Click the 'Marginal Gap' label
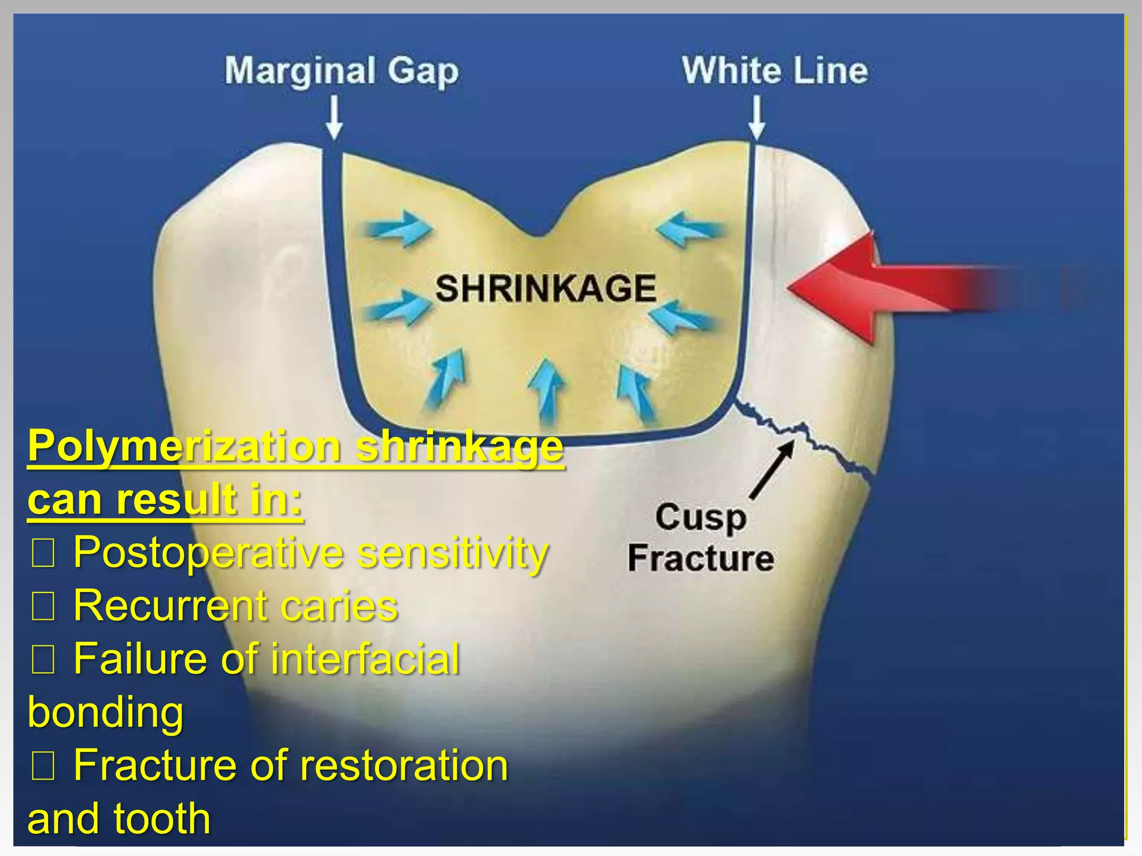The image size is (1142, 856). tap(341, 71)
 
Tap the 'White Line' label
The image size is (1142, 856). tap(775, 71)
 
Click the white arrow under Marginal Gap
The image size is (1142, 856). tap(334, 117)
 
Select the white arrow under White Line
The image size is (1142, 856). tap(757, 117)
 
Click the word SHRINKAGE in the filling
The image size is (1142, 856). tap(545, 288)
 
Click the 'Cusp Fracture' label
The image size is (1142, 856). tap(701, 537)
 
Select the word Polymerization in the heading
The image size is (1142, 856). tap(184, 446)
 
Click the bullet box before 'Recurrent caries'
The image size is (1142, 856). tap(43, 607)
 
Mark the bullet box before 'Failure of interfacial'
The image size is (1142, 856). tap(43, 660)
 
